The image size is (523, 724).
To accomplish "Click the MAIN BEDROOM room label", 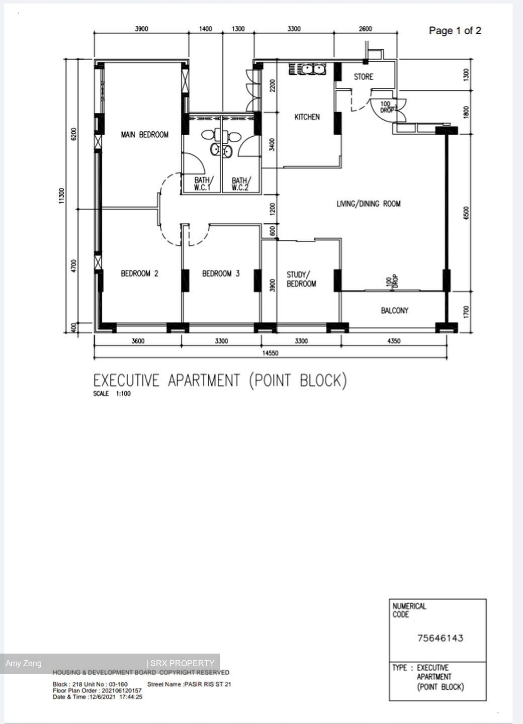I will point(144,135).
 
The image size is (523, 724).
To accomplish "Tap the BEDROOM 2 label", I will point(139,274).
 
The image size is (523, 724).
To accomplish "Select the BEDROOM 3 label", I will point(221,274).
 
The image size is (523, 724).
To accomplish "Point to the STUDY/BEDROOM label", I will point(301,279).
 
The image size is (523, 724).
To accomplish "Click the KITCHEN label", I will point(307,117).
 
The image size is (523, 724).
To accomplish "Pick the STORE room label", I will point(363,77).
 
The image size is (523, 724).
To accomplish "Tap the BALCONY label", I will point(394,311).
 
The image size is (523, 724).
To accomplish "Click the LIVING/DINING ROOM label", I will point(368,204).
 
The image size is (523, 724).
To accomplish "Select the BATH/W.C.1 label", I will point(204,184).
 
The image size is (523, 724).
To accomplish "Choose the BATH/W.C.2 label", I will point(240,184).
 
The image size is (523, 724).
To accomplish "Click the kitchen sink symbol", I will point(307,69).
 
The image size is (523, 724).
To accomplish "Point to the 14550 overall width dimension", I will point(270,353).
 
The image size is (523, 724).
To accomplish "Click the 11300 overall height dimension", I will point(62,196).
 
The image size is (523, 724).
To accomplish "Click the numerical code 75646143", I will point(440,638).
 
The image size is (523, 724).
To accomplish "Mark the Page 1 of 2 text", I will point(455,31).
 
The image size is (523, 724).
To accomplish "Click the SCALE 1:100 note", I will point(112,394).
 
